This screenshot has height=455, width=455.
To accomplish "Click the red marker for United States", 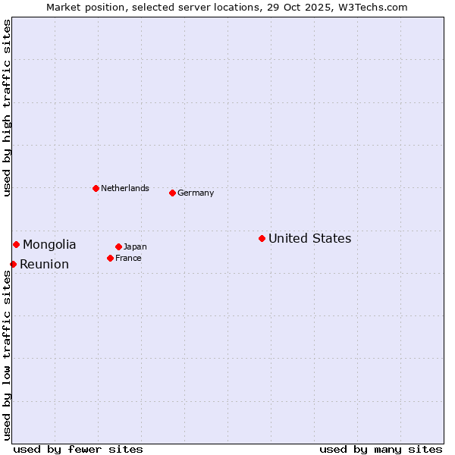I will pos(262,238).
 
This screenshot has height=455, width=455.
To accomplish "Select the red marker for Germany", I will pos(172,193).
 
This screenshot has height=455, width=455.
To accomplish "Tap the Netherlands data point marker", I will pos(96,188).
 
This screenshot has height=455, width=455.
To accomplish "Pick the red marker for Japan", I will pos(118,246).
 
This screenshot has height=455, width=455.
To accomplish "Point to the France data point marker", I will pos(110,258).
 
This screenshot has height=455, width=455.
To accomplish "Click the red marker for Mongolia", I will pos(16,244).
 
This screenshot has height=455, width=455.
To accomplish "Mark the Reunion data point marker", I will pos(13,264).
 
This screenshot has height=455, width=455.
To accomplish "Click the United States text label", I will pos(309,239).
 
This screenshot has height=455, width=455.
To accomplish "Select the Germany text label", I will pos(196,193).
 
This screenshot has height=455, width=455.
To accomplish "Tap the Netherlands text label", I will pos(125,189).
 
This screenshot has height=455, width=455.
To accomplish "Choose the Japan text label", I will pos(135,247).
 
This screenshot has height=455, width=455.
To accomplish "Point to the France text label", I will pos(128,259).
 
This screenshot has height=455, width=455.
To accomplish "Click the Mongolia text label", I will pos(49,245).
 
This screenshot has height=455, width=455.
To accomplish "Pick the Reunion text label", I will pos(44,265).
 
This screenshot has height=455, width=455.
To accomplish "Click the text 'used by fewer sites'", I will pos(78,449).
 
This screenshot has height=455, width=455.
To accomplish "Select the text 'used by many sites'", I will pos(381,449).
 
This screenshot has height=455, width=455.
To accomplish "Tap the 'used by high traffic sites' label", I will pos(8,108).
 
